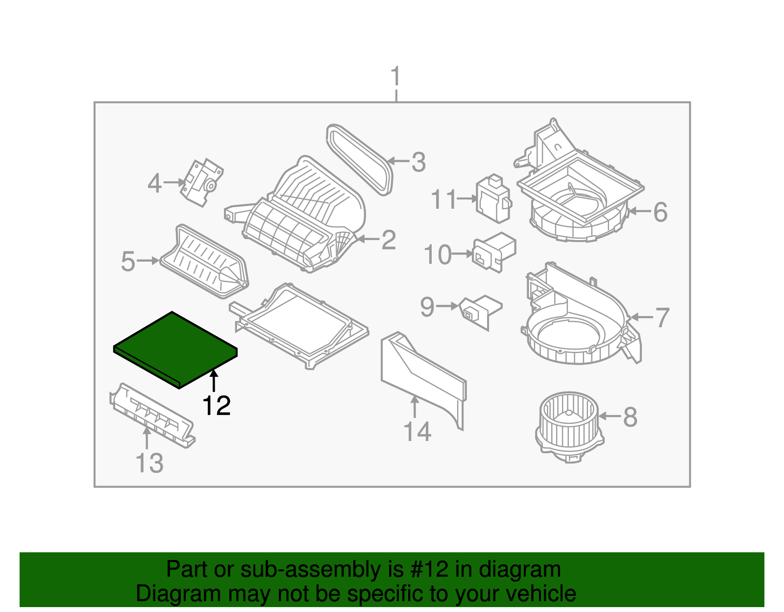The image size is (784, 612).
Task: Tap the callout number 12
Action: point(216,406)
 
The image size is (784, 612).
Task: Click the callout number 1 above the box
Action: point(395,77)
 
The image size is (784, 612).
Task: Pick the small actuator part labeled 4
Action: point(201,182)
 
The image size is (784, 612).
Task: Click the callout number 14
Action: point(417,432)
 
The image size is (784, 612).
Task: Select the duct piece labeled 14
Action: point(423,377)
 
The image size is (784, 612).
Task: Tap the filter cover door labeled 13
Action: point(151,415)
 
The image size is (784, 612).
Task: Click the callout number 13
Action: point(149,463)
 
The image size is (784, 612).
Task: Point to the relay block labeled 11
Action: point(493,198)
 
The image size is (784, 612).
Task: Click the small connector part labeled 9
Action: point(480,311)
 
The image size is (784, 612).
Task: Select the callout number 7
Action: point(662,318)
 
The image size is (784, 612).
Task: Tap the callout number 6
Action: point(660,212)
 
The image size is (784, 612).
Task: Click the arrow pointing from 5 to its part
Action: point(148,261)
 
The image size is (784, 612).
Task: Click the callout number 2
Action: point(388,240)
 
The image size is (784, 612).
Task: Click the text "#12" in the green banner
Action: point(427,569)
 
